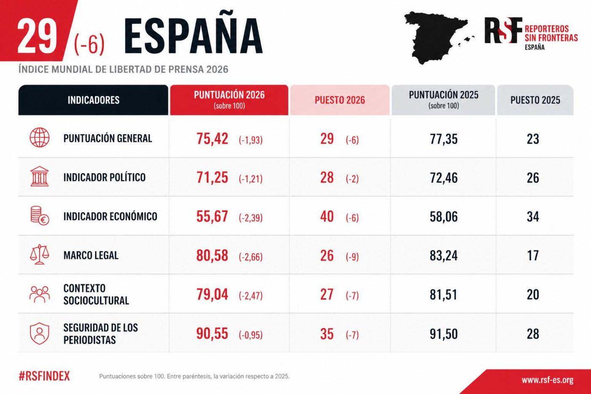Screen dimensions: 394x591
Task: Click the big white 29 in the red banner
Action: coord(37,36)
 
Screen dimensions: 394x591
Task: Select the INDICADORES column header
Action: coord(93,100)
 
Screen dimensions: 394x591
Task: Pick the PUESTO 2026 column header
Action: coord(339,100)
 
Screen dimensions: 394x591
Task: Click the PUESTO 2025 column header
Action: coord(535,100)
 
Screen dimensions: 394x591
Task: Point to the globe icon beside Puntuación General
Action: coord(39,138)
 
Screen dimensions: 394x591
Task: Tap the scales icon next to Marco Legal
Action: coord(39,255)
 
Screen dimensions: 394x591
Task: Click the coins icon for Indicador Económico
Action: coord(39,215)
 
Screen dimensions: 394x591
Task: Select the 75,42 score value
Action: coord(212,139)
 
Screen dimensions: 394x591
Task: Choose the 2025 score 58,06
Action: coord(443,217)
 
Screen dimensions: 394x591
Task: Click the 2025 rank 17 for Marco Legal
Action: coord(533,255)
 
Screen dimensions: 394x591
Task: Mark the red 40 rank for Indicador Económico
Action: coord(327,217)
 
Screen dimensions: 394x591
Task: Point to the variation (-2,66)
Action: coord(250,256)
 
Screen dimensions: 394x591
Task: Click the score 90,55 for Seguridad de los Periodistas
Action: coord(212,334)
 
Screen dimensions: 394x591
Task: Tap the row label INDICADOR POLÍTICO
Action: coord(104,177)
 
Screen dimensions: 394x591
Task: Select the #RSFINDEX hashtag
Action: coord(44,376)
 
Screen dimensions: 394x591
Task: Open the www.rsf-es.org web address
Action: coord(547,380)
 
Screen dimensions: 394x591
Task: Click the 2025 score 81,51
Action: coord(443,294)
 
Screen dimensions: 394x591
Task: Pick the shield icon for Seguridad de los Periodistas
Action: coord(39,334)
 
